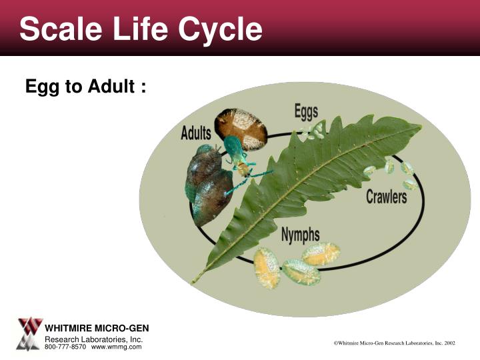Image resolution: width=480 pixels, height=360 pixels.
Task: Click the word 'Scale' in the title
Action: tap(59, 29)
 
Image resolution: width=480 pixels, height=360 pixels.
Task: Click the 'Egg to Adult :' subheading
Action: tap(86, 87)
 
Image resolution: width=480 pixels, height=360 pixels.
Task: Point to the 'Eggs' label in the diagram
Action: tap(307, 111)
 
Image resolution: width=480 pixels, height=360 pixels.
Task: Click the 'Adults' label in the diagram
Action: tap(196, 133)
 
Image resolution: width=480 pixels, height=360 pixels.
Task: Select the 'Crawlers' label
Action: tap(386, 197)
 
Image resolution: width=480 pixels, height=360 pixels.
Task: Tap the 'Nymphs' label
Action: tap(300, 235)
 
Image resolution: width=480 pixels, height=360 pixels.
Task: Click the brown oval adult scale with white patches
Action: tap(241, 128)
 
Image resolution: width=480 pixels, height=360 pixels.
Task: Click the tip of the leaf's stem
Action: tap(194, 282)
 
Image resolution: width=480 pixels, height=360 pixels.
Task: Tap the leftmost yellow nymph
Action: tap(267, 267)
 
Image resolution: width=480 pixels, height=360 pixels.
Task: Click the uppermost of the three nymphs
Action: tap(321, 253)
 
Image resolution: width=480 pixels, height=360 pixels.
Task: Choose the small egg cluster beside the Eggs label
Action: tap(313, 131)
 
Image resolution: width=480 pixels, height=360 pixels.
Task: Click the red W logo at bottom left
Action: tap(29, 327)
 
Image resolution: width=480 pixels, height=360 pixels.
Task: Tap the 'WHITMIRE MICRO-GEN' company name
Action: tap(97, 328)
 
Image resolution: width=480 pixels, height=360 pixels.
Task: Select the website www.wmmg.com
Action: tap(117, 347)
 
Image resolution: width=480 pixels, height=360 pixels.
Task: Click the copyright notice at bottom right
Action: tap(394, 343)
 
